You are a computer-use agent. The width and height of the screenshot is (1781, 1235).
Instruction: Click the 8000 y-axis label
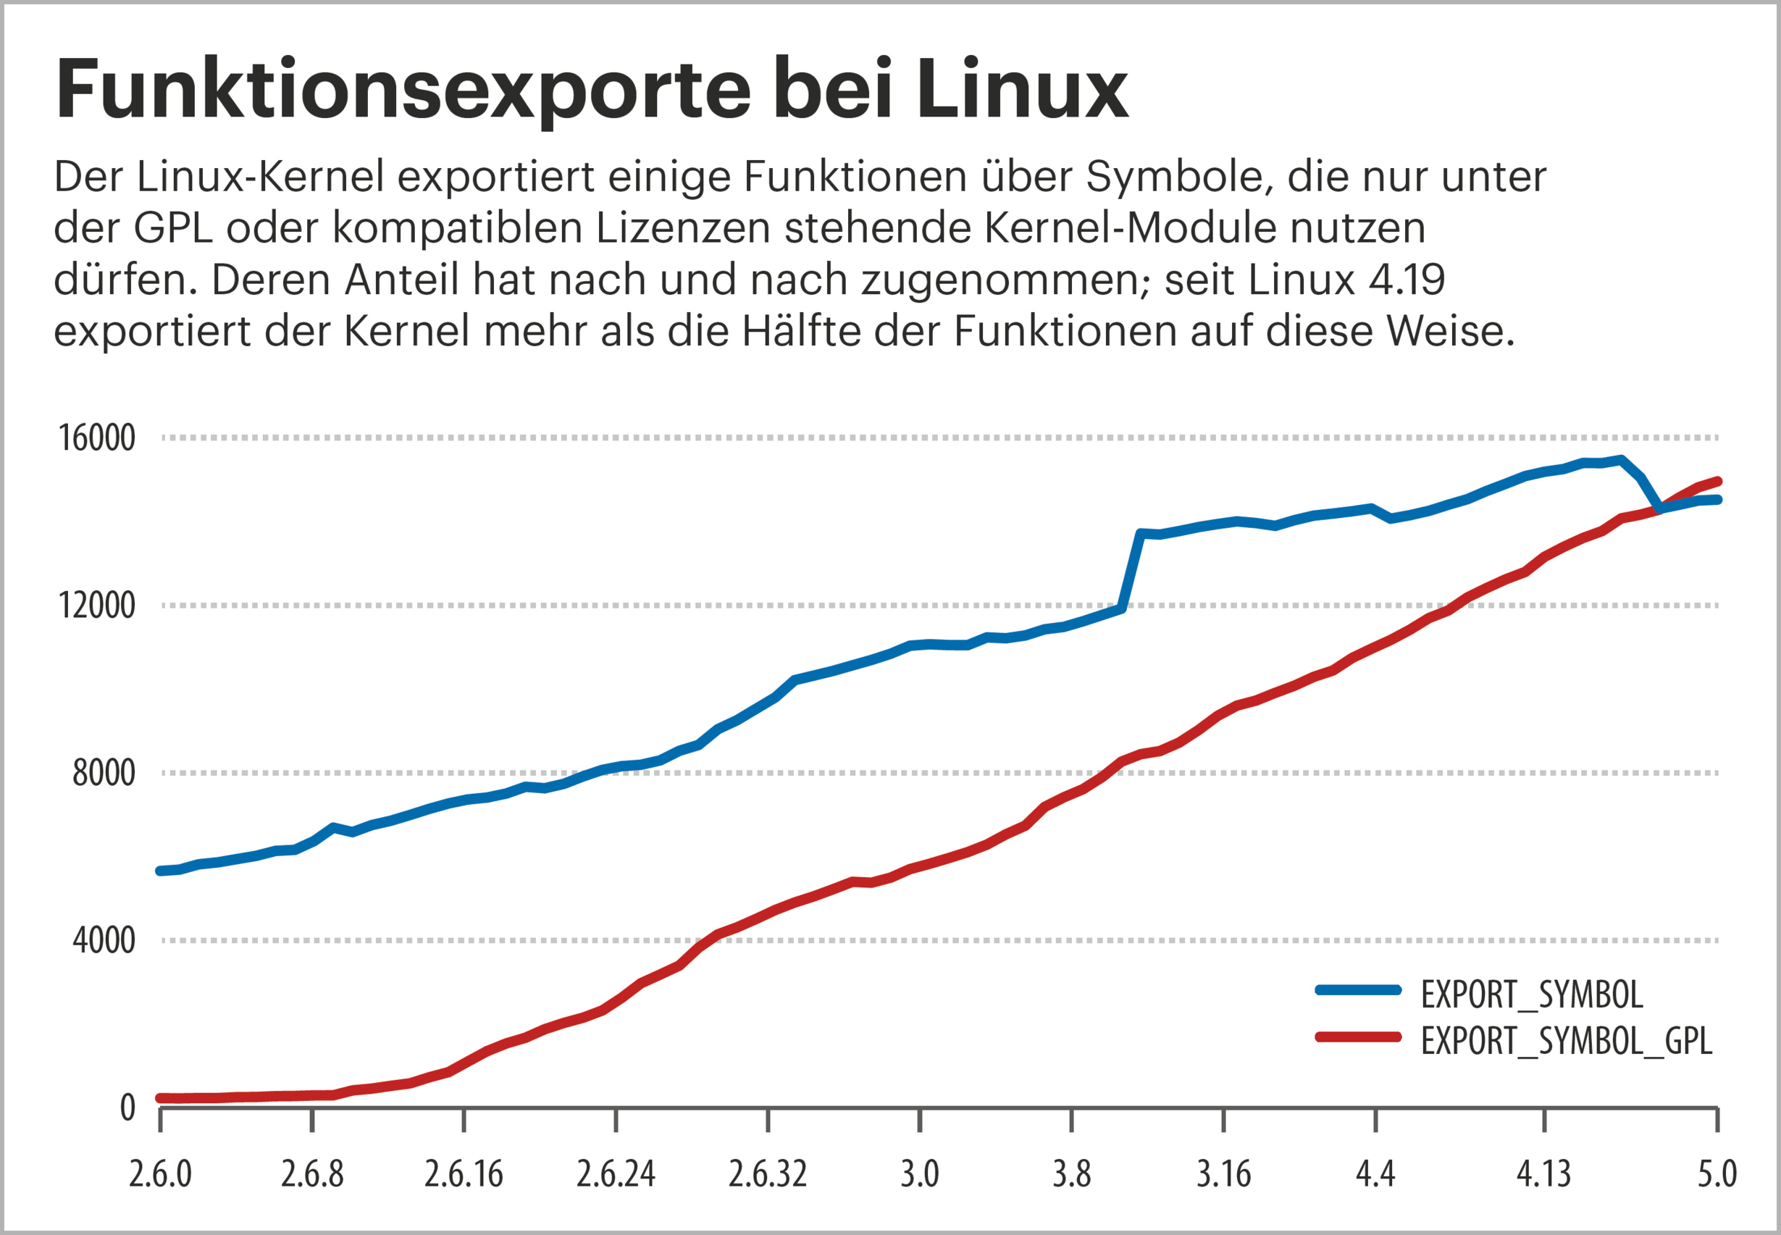104,773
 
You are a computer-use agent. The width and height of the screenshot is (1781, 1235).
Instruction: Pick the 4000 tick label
104,940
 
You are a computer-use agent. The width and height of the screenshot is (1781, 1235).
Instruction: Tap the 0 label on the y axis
127,1108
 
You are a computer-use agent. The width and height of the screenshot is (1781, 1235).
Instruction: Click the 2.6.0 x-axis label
160,1174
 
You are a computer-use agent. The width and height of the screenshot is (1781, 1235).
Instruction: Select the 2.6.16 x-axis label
464,1174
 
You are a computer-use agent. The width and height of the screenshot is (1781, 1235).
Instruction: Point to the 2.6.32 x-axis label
768,1174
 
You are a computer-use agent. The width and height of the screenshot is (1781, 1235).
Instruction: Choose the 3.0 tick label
919,1174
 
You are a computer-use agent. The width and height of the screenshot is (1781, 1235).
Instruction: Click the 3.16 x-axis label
1223,1174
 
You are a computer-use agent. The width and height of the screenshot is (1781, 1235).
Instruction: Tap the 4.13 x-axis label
1543,1174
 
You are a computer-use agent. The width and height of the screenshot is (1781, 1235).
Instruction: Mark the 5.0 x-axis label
1717,1174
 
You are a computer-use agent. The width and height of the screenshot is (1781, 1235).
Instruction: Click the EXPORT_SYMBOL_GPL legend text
1566,1041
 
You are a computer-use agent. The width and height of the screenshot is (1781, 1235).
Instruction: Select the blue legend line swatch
1358,989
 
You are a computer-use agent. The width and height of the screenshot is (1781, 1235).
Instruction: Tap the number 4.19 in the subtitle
1406,280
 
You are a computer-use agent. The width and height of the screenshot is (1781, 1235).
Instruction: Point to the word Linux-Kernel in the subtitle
260,177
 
